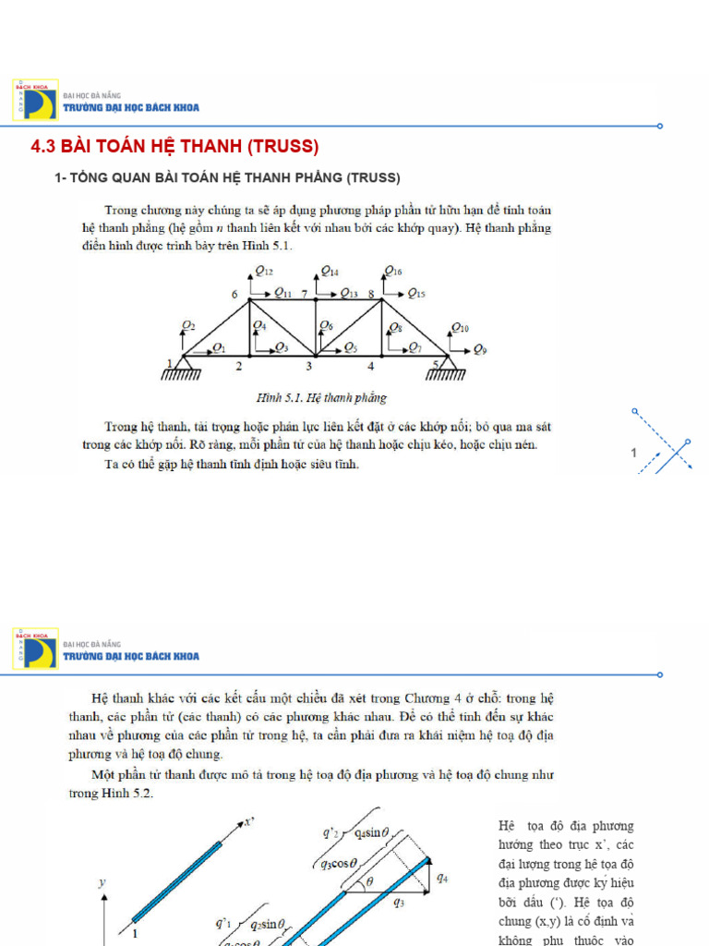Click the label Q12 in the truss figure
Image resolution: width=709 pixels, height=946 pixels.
coord(264,272)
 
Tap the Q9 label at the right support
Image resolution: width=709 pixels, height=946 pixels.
coord(480,349)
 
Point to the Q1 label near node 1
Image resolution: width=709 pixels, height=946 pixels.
coord(219,348)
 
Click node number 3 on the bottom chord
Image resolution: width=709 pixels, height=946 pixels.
coord(309,367)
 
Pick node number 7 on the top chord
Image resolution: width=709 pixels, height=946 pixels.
coord(304,294)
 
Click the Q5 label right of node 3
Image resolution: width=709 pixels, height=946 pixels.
coord(351,348)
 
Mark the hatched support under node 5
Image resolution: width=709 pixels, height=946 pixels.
coord(447,372)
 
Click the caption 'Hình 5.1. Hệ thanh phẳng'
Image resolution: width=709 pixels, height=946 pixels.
coord(320,398)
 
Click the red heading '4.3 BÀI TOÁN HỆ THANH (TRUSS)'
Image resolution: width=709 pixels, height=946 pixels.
coord(175,147)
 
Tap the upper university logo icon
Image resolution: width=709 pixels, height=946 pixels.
coord(35,100)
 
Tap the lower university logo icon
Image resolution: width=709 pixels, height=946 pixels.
coord(35,648)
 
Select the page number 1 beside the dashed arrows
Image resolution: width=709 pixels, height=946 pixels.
coord(634,453)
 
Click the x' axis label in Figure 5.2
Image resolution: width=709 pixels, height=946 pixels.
coord(248,821)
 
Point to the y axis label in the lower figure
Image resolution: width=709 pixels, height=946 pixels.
coord(102,882)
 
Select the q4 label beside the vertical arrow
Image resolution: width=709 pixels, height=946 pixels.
coord(443,879)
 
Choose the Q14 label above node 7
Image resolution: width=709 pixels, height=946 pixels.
coord(330,272)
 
